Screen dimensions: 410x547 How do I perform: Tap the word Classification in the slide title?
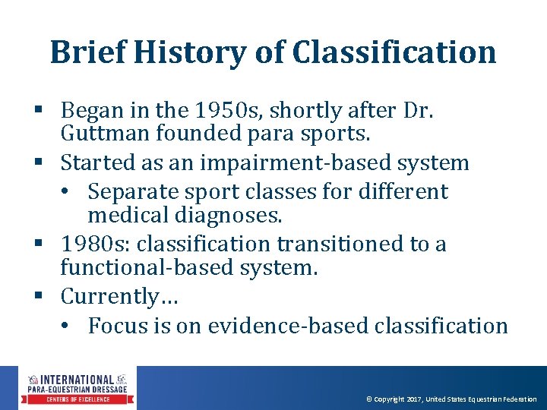point(394,52)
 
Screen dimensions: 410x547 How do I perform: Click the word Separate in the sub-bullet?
point(134,191)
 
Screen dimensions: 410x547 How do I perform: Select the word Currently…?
point(119,297)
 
